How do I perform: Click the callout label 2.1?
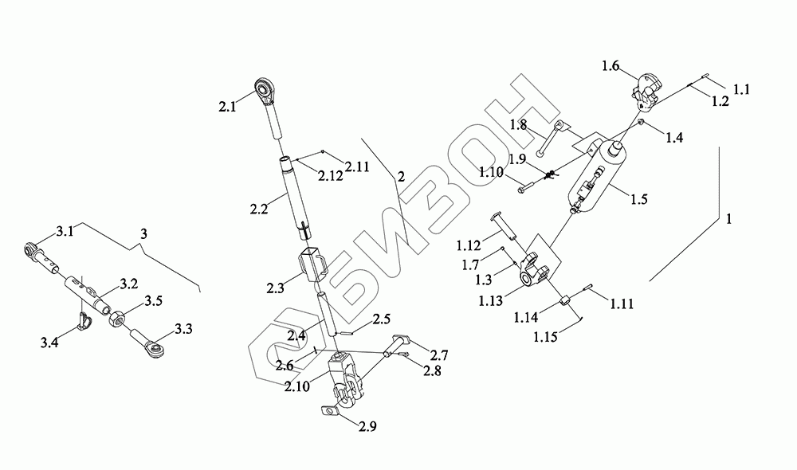227,108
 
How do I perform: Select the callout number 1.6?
611,65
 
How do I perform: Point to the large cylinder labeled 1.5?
597,176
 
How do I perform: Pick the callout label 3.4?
49,343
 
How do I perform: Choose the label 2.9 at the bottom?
367,427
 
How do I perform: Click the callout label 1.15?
545,337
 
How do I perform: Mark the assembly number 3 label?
143,233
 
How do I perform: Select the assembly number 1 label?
729,220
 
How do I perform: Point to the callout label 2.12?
331,176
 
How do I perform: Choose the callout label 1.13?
490,301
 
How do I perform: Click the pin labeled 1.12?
505,226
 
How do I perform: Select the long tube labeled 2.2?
296,197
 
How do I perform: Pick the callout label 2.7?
438,354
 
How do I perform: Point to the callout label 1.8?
519,125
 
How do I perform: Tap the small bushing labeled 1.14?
565,301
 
